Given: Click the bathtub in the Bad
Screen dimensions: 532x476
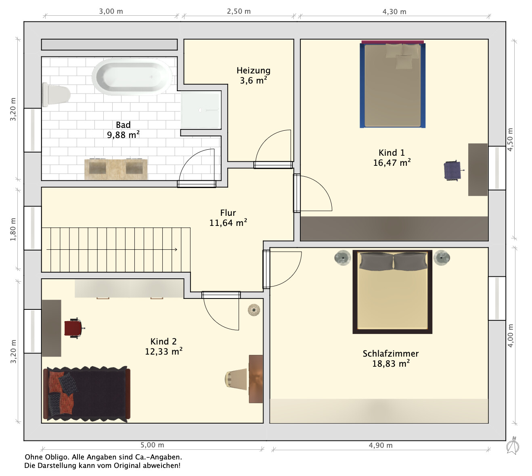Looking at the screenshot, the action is pyautogui.click(x=132, y=77).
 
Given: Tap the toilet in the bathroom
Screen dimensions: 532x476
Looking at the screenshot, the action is pyautogui.click(x=56, y=94).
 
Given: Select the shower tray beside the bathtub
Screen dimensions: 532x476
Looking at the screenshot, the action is pyautogui.click(x=201, y=110).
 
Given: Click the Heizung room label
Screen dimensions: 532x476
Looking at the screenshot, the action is pyautogui.click(x=253, y=70).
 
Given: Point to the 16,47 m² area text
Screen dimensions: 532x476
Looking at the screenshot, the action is pyautogui.click(x=392, y=163).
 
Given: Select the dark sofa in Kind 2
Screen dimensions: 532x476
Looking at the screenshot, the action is pyautogui.click(x=87, y=394).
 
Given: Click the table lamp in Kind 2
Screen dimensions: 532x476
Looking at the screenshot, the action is pyautogui.click(x=236, y=379).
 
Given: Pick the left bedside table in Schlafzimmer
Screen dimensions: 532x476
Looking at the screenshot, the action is pyautogui.click(x=342, y=258).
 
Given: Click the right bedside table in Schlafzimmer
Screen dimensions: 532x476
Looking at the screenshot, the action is pyautogui.click(x=442, y=258).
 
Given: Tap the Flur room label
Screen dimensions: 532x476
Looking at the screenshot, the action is pyautogui.click(x=228, y=213).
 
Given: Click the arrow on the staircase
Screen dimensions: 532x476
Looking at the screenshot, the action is pyautogui.click(x=112, y=249).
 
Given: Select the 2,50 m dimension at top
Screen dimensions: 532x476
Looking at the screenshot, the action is pyautogui.click(x=239, y=11).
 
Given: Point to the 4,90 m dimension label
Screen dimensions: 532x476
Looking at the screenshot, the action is pyautogui.click(x=381, y=445).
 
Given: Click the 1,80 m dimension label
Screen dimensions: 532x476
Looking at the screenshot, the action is pyautogui.click(x=13, y=229).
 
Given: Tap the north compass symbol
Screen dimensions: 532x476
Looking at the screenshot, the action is pyautogui.click(x=513, y=445).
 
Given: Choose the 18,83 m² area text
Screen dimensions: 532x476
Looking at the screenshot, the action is pyautogui.click(x=391, y=364).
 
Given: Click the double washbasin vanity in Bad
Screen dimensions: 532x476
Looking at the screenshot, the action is pyautogui.click(x=116, y=169).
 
